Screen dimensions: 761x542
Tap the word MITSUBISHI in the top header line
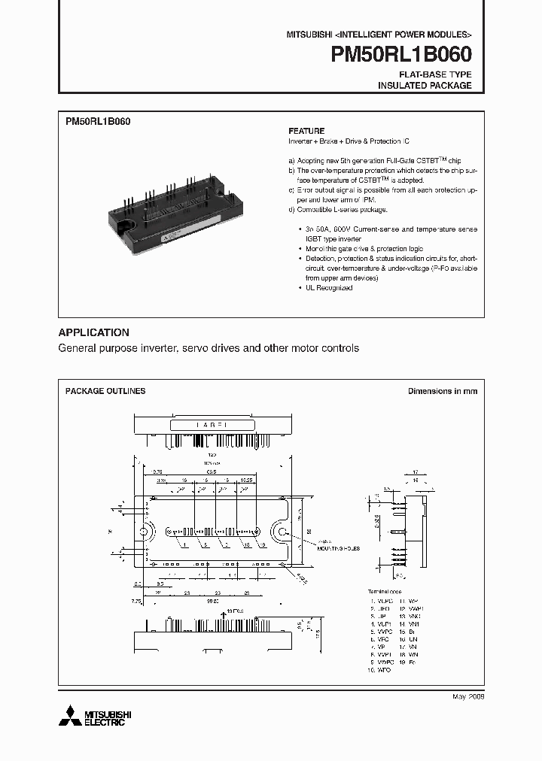(x=307, y=35)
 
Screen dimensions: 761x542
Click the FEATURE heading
(x=306, y=130)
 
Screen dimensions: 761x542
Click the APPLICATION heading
(x=93, y=332)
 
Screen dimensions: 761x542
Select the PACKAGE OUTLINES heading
(x=105, y=391)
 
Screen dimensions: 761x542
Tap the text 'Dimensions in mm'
(x=442, y=391)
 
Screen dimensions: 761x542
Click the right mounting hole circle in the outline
(x=284, y=533)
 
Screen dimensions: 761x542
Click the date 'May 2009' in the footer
(x=467, y=697)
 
